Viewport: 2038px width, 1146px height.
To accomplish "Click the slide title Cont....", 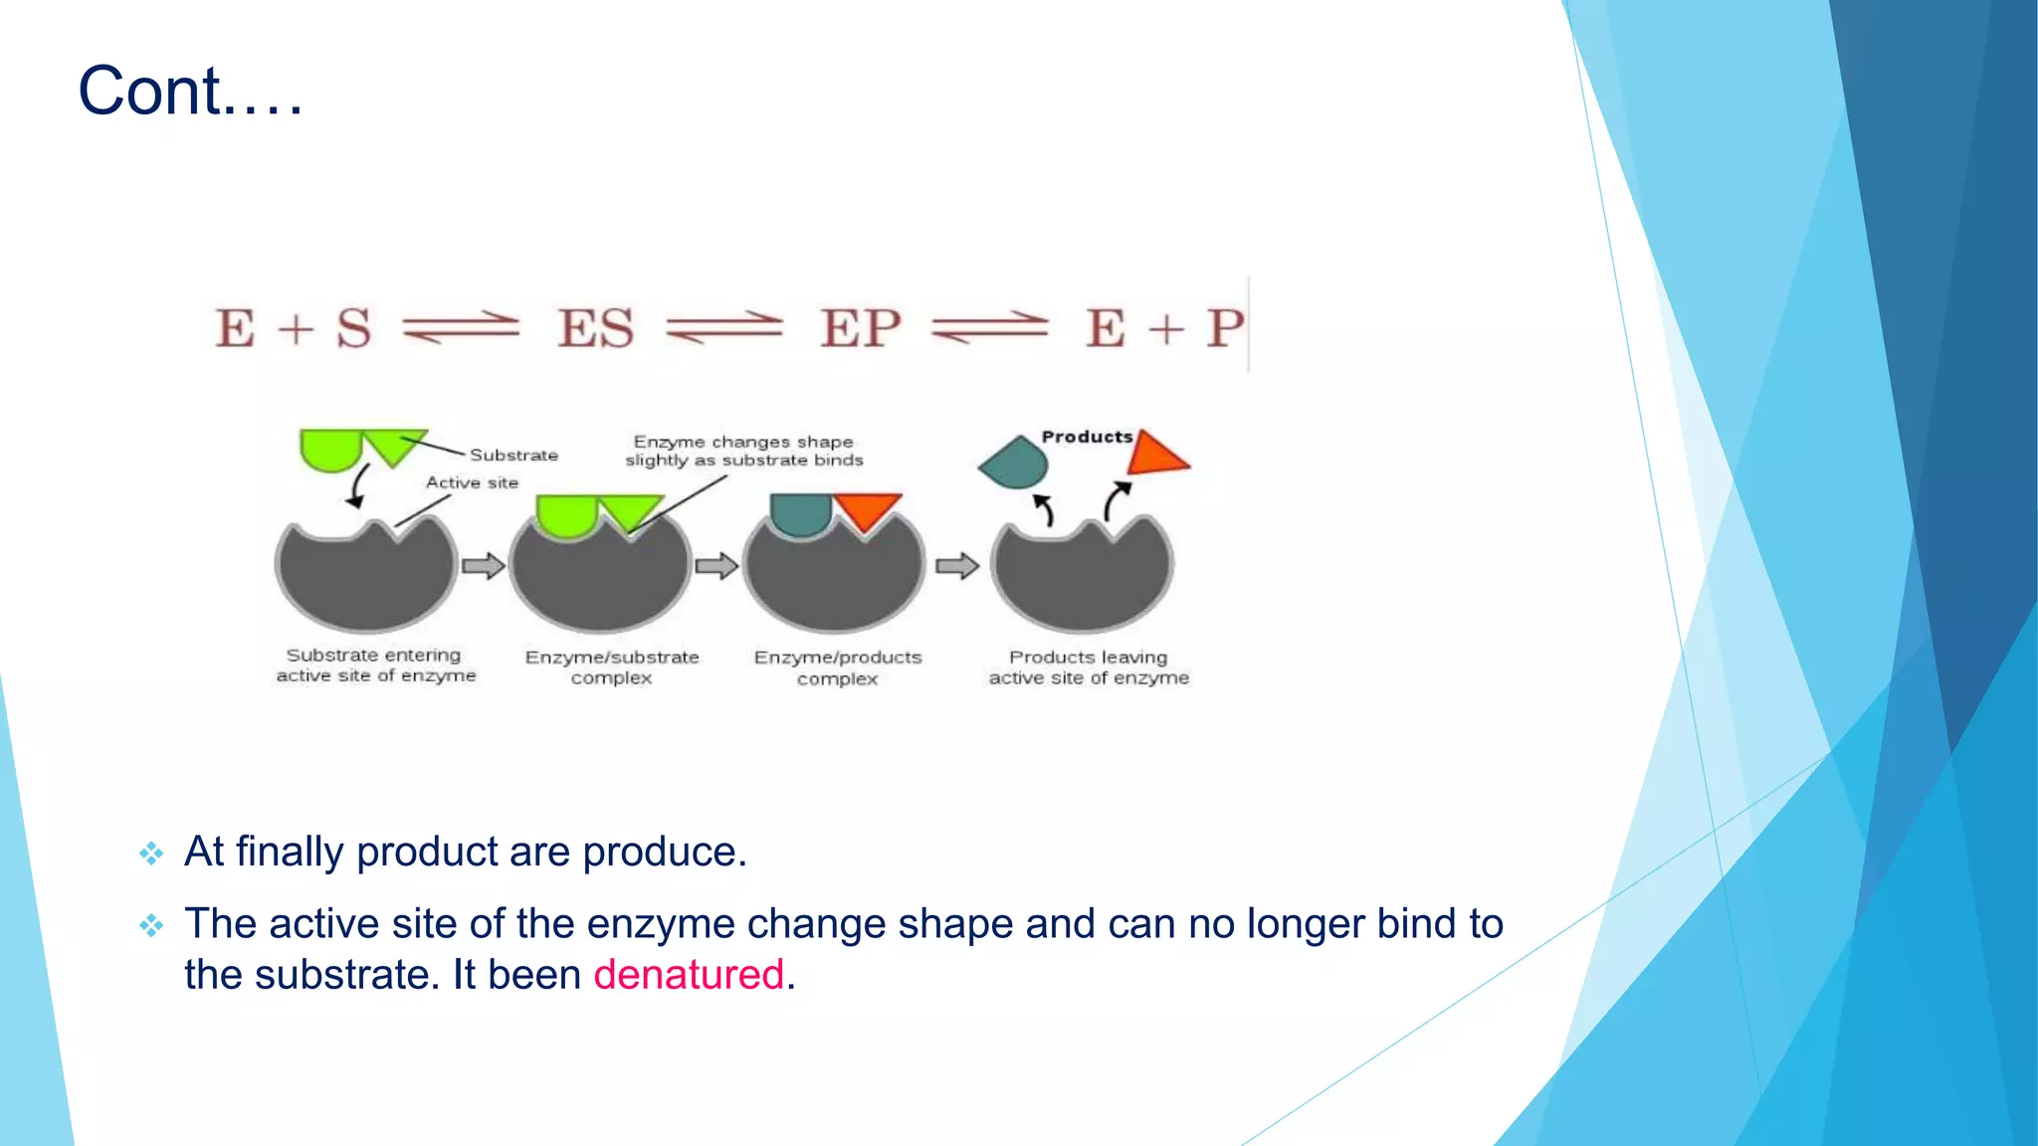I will tap(189, 92).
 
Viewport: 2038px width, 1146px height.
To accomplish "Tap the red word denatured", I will tap(689, 975).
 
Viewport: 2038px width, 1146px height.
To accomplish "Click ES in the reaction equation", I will tap(595, 328).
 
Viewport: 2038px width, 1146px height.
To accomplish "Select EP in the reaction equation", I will tap(860, 328).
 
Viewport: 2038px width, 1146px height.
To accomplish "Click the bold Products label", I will tap(1087, 437).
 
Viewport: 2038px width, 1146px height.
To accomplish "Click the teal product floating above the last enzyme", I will tap(1015, 463).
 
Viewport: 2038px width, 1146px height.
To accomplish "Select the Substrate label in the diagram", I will tap(513, 455).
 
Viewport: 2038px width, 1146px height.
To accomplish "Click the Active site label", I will tap(472, 482).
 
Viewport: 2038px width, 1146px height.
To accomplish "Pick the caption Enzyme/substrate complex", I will tap(612, 668).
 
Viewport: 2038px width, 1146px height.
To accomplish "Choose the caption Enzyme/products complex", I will tap(838, 668).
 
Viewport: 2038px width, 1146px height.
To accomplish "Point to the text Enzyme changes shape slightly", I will tap(743, 451).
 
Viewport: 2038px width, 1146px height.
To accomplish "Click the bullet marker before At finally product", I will tap(151, 854).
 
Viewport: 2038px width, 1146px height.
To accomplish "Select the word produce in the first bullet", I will tap(664, 852).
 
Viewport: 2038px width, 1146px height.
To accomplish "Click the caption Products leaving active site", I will tap(1089, 668).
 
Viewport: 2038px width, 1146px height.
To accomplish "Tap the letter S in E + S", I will tap(353, 328).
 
